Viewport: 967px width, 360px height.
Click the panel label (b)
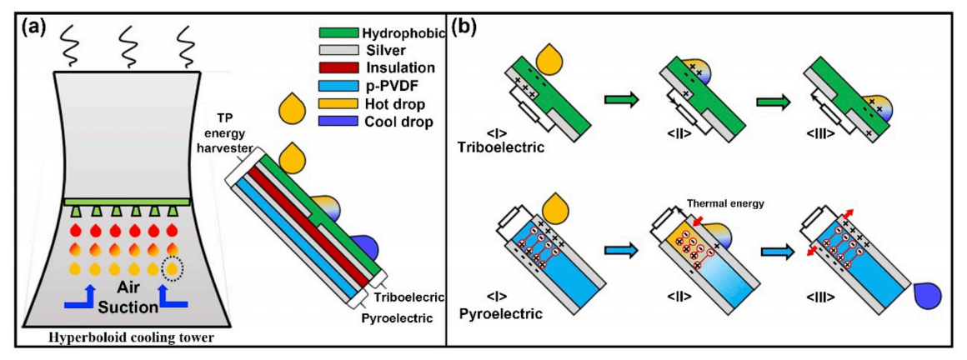(465, 25)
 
